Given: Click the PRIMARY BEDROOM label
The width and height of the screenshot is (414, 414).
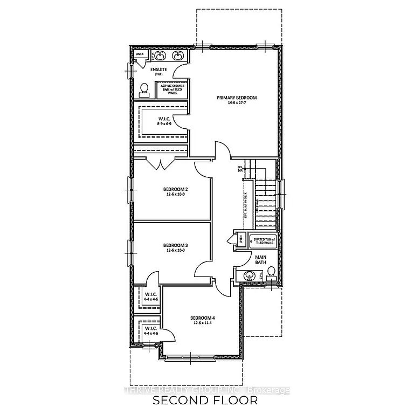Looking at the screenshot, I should pos(237,98).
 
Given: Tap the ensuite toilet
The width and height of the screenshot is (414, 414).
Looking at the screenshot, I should pos(144,89).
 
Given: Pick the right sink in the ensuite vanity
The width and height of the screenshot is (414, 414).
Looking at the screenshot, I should pos(177,56).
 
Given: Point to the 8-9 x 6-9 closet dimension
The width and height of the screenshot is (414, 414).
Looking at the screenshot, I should pos(164,124).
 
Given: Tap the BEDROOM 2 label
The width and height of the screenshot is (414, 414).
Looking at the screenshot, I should pos(175,189).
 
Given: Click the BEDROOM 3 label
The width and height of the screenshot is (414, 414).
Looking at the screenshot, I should pos(175,245).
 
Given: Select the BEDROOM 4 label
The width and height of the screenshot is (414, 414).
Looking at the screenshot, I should pos(202,318).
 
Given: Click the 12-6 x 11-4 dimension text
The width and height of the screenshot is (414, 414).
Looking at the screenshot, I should pos(202,323).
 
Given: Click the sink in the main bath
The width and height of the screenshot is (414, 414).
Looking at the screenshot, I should pos(249,275).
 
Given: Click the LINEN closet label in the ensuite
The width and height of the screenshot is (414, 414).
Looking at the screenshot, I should pos(140,54).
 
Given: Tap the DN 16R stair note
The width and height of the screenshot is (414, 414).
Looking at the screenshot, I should pos(240,169).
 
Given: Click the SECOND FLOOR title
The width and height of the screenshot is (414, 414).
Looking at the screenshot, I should pos(205,401).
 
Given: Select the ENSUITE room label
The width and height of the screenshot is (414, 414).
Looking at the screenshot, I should pos(158,70).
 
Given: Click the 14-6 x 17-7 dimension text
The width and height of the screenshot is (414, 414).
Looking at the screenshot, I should pos(237,103).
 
